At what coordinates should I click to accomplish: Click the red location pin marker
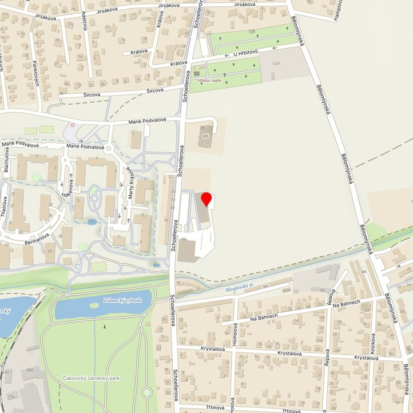tap(207, 199)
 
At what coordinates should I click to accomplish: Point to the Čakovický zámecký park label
tap(92, 378)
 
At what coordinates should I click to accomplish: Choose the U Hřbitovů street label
tap(245, 53)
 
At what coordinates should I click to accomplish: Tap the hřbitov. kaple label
tap(209, 81)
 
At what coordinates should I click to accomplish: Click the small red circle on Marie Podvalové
tap(73, 124)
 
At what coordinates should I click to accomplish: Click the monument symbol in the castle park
tap(105, 326)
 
